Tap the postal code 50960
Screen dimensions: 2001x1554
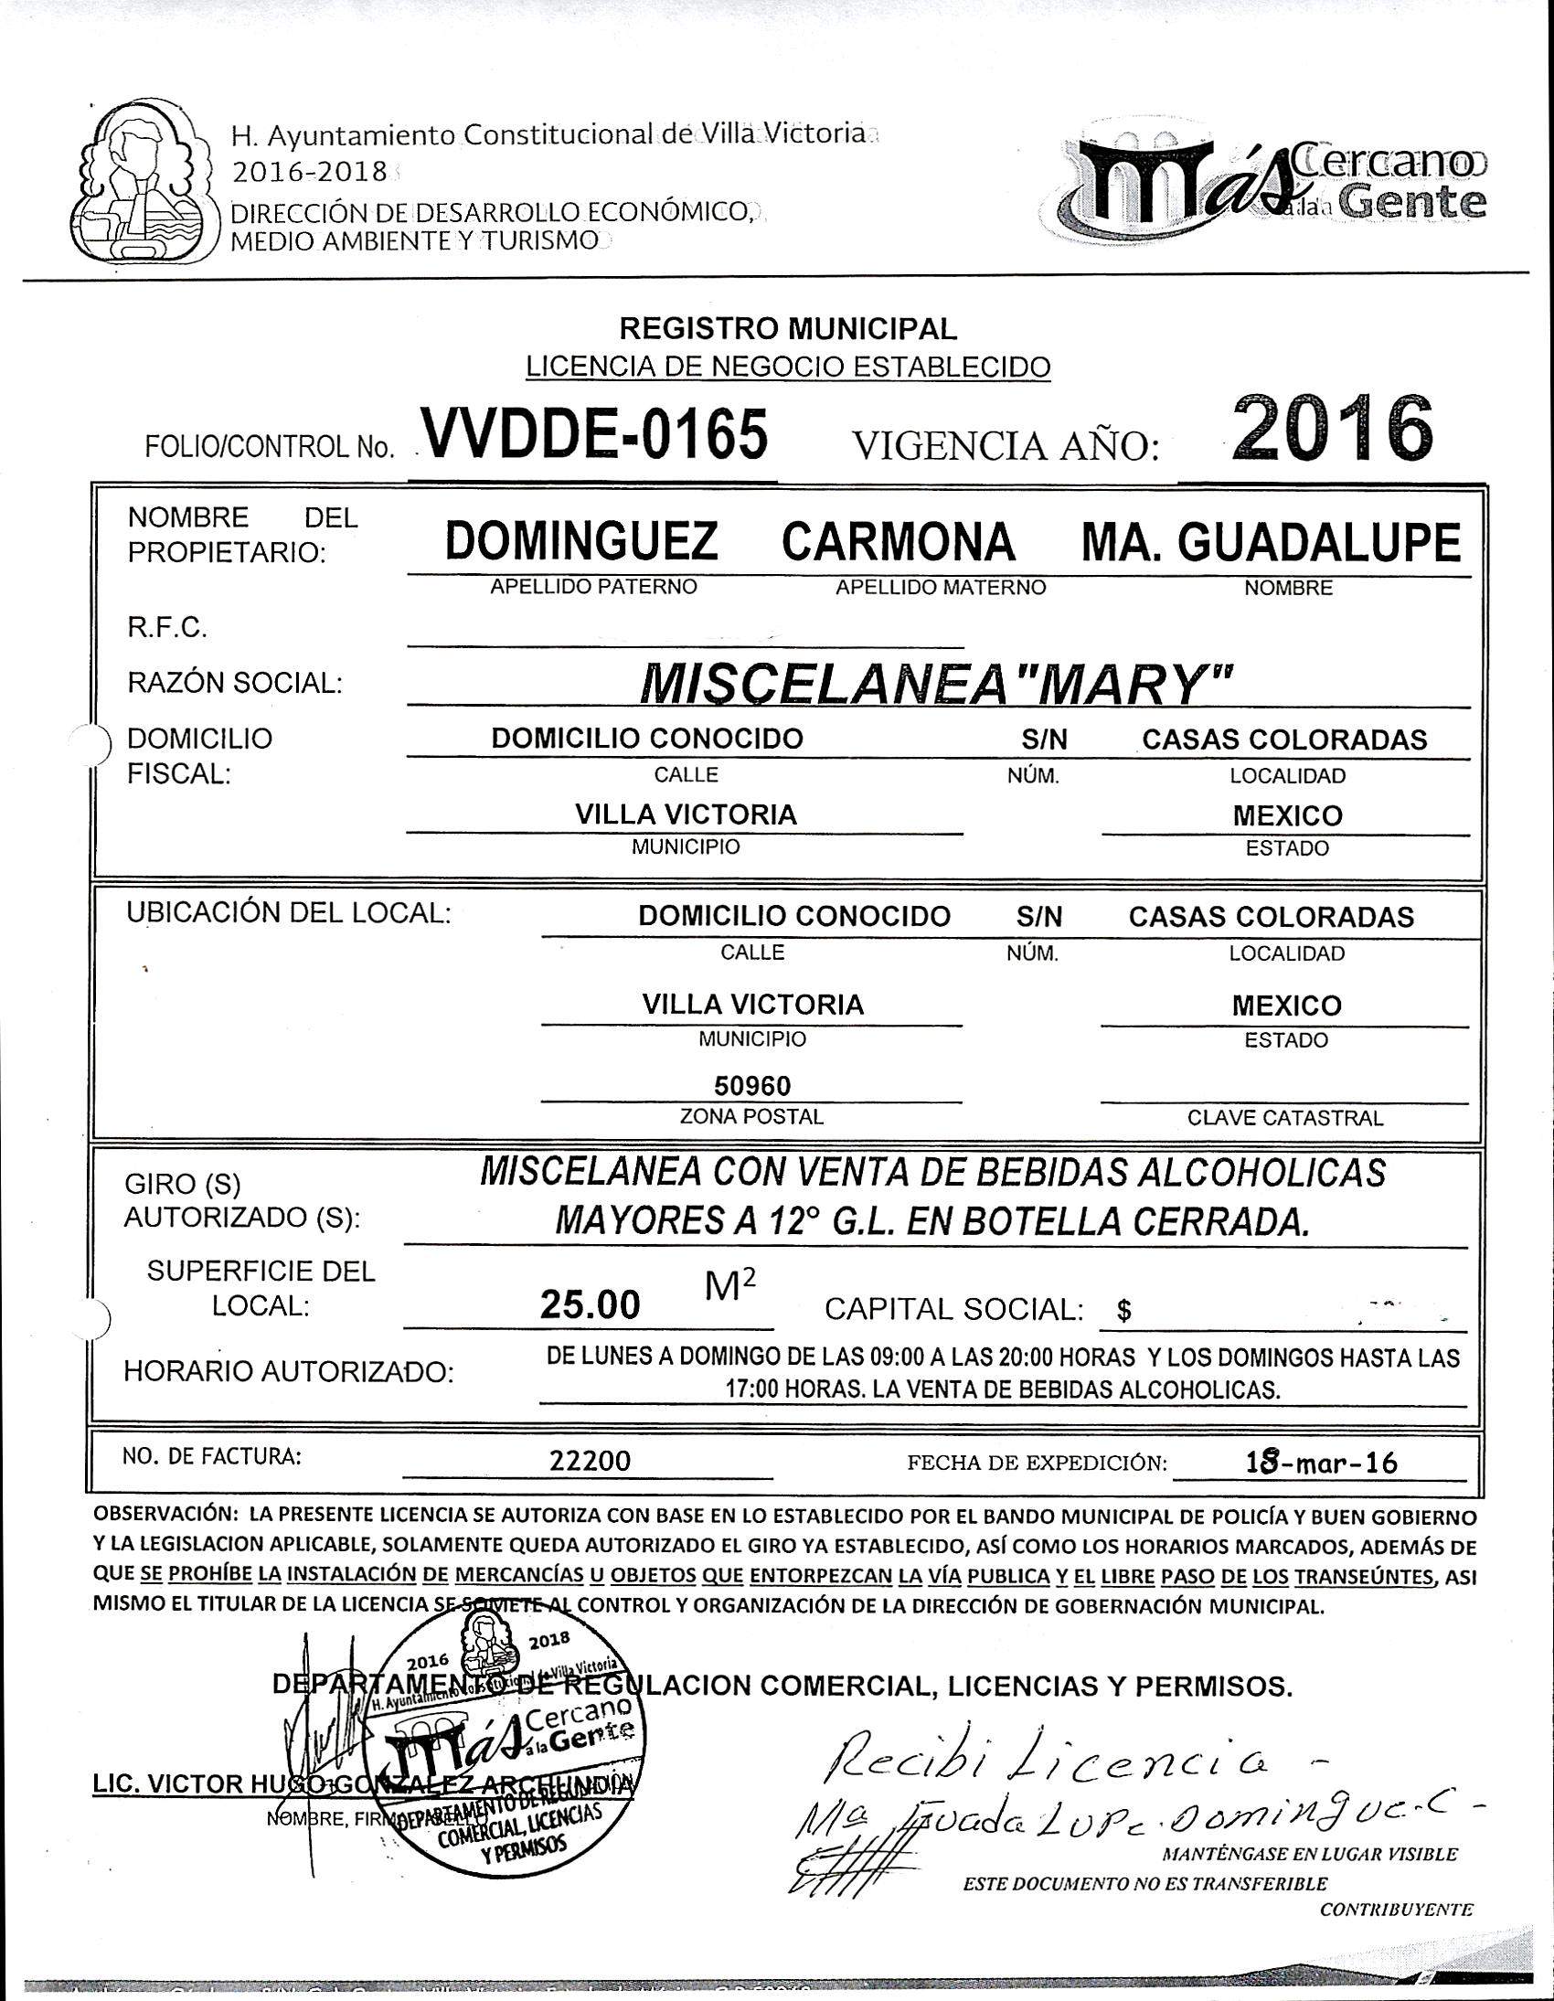point(752,1086)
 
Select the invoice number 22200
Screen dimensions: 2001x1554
point(591,1461)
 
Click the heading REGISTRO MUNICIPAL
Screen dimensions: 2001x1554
point(788,328)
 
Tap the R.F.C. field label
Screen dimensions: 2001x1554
point(166,628)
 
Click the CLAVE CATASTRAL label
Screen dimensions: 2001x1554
point(1284,1118)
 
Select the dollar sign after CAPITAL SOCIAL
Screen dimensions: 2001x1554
point(1124,1312)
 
